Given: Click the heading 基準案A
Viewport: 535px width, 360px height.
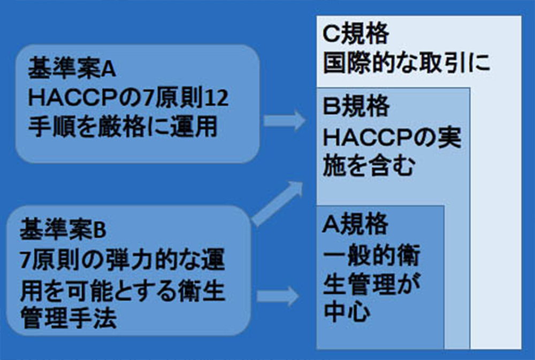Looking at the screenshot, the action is click(72, 68).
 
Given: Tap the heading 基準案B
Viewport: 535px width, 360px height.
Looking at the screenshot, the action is click(63, 229).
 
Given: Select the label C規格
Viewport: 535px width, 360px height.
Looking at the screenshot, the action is click(356, 33).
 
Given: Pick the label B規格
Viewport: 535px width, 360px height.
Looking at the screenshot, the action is click(356, 106).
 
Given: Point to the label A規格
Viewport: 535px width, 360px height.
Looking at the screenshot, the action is click(355, 224).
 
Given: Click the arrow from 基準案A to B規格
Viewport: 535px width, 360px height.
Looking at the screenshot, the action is click(285, 120).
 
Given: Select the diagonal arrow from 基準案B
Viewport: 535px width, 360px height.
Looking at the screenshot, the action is click(277, 204).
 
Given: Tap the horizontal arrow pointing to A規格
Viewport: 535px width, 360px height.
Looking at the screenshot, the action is click(278, 296).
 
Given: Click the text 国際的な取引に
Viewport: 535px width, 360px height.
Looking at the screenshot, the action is click(407, 63).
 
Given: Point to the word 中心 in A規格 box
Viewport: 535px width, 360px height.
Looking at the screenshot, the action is click(346, 312).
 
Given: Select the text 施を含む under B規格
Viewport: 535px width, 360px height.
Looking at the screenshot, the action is click(369, 166).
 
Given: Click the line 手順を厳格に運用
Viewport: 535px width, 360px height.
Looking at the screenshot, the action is click(123, 127).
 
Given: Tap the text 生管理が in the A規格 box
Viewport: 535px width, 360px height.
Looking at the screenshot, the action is click(372, 284).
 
